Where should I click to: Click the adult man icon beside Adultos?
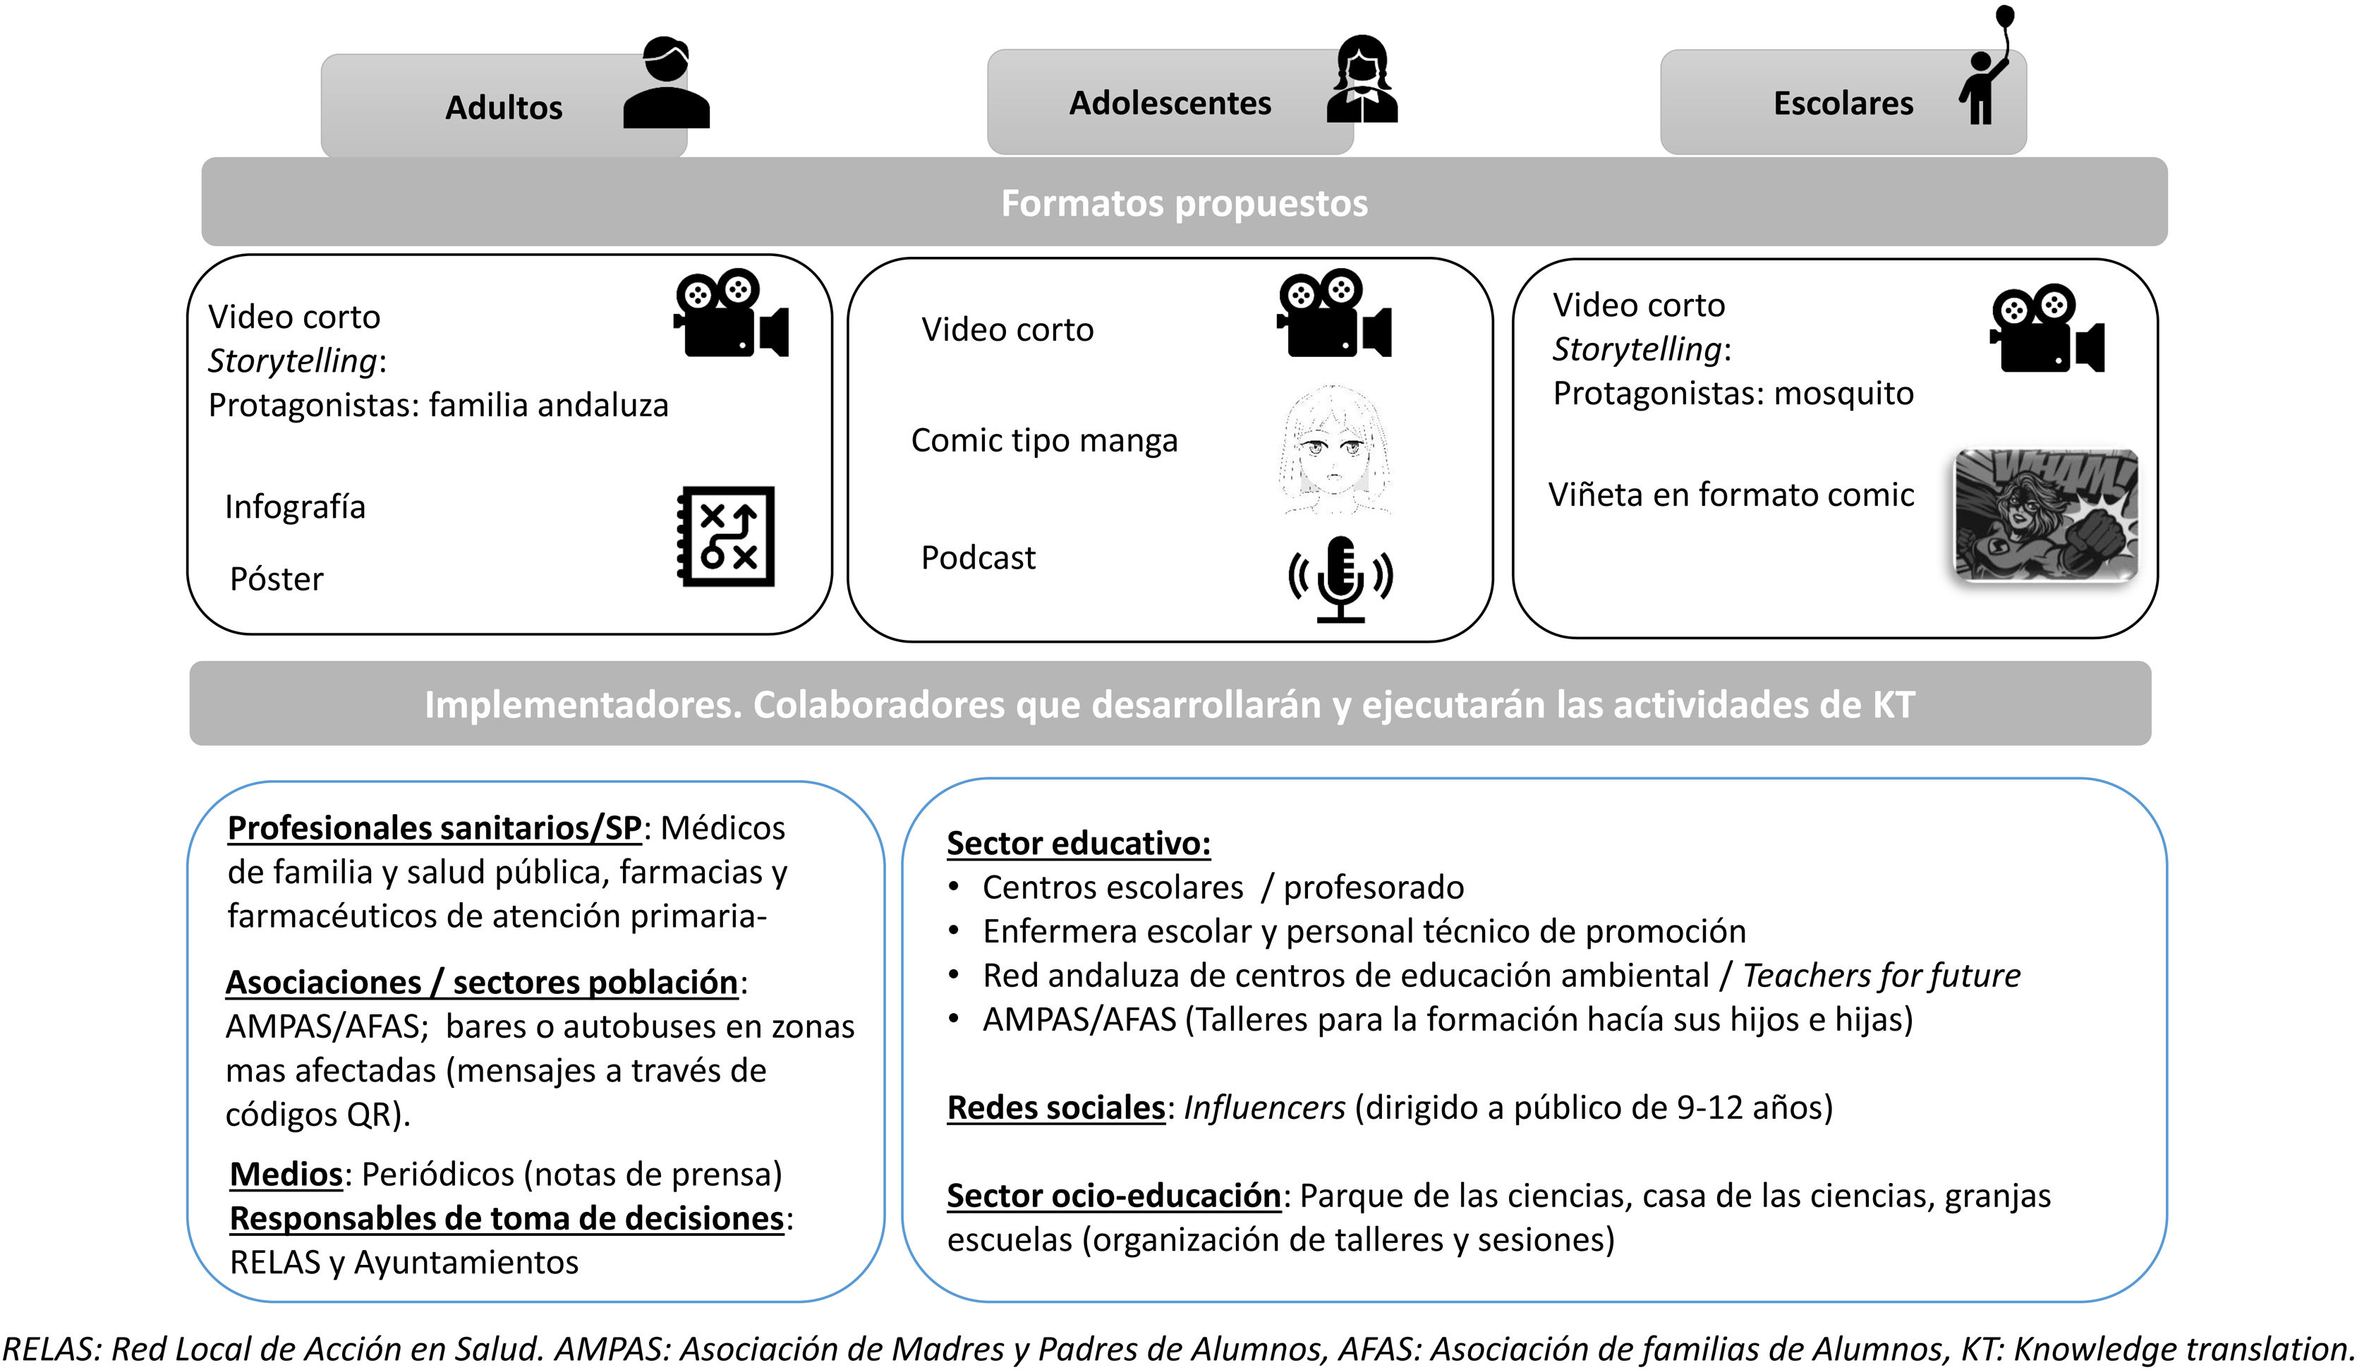pos(666,84)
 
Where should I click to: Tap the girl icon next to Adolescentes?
pos(1362,80)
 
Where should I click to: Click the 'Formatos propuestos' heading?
pos(1184,203)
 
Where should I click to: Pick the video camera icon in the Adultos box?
pos(730,314)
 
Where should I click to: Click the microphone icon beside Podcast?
pos(1340,578)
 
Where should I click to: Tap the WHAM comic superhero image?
pos(2046,515)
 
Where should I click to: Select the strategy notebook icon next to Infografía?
pos(726,536)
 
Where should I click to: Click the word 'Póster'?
pos(277,580)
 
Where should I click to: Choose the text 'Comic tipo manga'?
pos(1044,440)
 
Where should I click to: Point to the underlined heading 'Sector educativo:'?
pos(1079,844)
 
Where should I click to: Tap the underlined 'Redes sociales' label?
pos(1056,1108)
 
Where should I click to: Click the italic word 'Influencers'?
pos(1264,1108)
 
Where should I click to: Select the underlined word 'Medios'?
pos(287,1175)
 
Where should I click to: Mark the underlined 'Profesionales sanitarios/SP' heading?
pos(434,828)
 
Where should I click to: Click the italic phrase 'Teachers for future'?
pos(1881,976)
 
